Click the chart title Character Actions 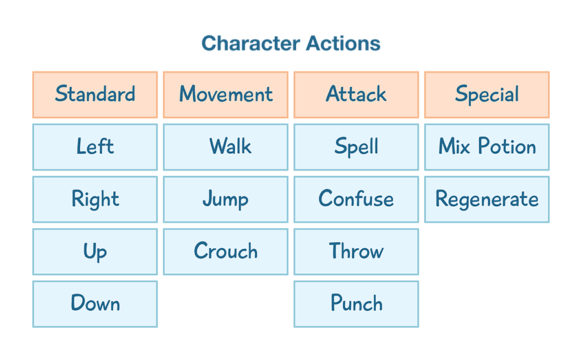pyautogui.click(x=290, y=44)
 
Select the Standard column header pyautogui.click(x=95, y=95)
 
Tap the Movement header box pyautogui.click(x=226, y=95)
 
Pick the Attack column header pyautogui.click(x=356, y=95)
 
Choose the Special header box pyautogui.click(x=487, y=95)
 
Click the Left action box pyautogui.click(x=95, y=147)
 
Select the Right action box pyautogui.click(x=95, y=199)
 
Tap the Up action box pyautogui.click(x=95, y=252)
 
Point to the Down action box pyautogui.click(x=95, y=304)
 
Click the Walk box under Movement pyautogui.click(x=226, y=147)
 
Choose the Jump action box pyautogui.click(x=226, y=199)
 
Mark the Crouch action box pyautogui.click(x=226, y=252)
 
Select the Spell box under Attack pyautogui.click(x=356, y=147)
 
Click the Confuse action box pyautogui.click(x=356, y=199)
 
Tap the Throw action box pyautogui.click(x=356, y=252)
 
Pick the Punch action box pyautogui.click(x=356, y=304)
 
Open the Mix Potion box pyautogui.click(x=487, y=147)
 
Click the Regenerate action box pyautogui.click(x=487, y=199)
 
